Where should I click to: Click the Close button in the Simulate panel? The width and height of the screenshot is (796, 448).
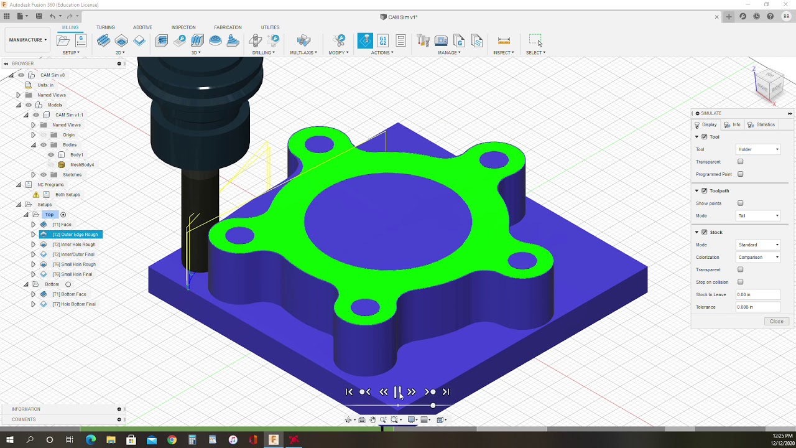coord(776,321)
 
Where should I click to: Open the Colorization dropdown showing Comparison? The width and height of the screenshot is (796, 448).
coord(758,257)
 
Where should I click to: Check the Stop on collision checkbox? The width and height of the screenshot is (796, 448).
coord(740,282)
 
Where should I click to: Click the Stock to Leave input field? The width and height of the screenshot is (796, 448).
coord(757,294)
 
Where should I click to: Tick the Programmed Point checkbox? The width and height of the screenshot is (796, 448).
coord(740,174)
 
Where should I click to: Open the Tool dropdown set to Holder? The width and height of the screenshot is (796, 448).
coord(758,149)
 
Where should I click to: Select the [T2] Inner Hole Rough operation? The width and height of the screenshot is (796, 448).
coord(73,245)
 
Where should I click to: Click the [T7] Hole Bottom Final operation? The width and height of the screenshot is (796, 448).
coord(73,304)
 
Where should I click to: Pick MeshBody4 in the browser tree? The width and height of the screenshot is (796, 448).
coord(82,165)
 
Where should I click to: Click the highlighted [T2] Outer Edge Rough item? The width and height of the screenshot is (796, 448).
coord(75,235)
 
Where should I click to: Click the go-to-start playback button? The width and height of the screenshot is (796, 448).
coord(349,391)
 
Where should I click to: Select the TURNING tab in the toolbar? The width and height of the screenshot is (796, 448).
coord(105,27)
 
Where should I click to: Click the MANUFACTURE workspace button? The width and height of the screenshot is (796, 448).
coord(27,40)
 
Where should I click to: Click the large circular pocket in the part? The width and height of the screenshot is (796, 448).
coord(388,221)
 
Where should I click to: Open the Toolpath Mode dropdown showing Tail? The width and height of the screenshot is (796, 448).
coord(758,216)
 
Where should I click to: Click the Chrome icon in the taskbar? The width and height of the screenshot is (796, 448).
coord(172,440)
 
